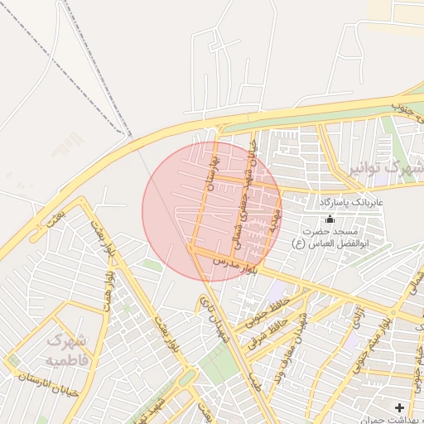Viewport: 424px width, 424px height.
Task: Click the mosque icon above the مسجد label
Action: coord(330,219)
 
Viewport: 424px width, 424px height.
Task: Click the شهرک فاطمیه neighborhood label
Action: coord(65,349)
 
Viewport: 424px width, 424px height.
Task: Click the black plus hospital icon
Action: coord(400,407)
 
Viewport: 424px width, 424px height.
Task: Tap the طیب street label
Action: coord(253,380)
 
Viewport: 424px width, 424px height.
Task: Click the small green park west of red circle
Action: coord(152,264)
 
